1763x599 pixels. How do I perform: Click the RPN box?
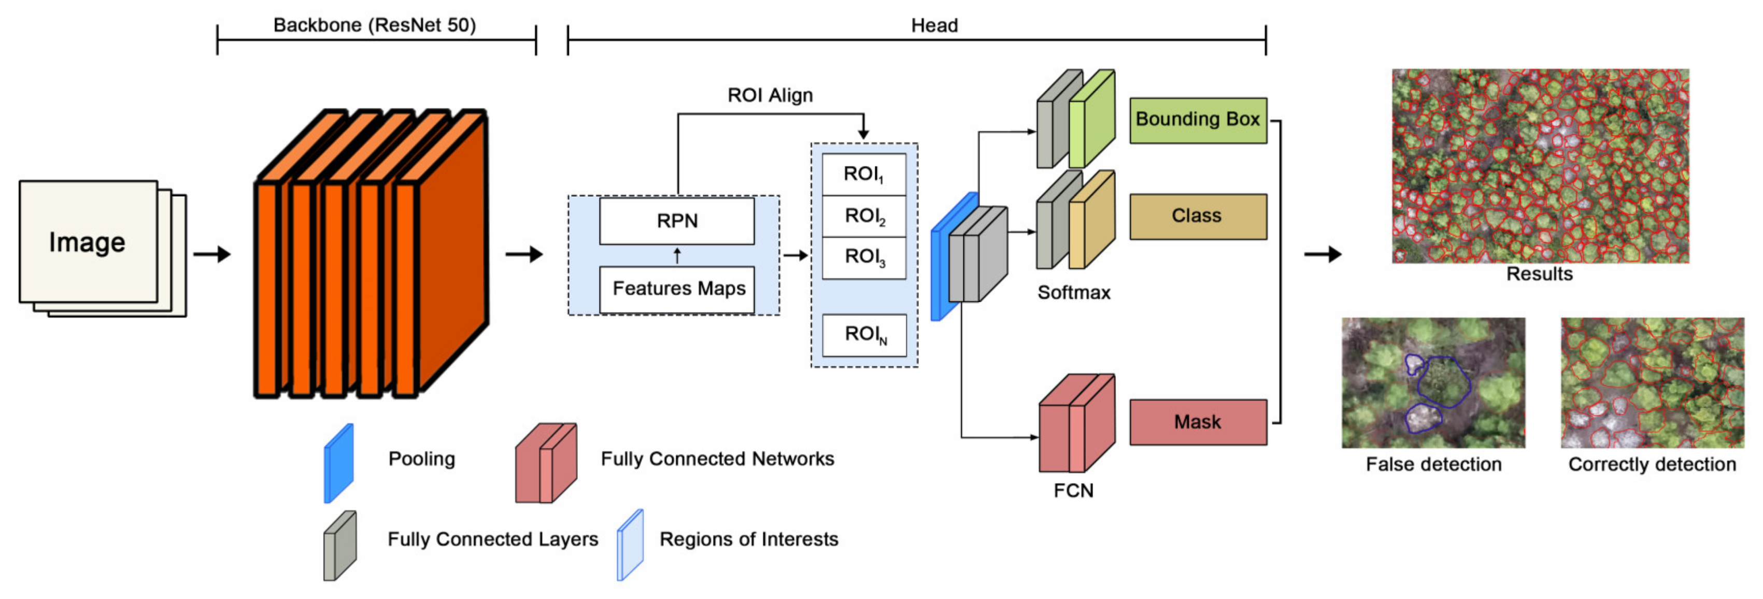coord(676,220)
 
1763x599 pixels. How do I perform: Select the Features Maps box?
coord(676,289)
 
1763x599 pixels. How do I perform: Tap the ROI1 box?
coord(864,174)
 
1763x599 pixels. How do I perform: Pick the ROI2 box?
coord(864,216)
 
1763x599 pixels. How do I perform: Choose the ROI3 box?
coord(864,258)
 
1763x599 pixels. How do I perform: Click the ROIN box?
coord(864,335)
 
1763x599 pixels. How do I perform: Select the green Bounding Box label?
coord(1197,120)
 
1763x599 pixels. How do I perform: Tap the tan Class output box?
coord(1197,216)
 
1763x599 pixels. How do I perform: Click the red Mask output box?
coord(1197,422)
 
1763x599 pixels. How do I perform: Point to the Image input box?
coord(88,241)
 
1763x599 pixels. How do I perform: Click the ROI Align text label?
coord(770,95)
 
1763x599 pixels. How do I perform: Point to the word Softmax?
coord(1073,292)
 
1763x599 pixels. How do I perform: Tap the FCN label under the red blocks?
coord(1073,490)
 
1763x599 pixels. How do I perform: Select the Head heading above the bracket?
coord(934,25)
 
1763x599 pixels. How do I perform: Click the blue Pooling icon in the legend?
coord(339,463)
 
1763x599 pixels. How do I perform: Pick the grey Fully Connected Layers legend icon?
coord(339,546)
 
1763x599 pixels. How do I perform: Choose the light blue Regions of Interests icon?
coord(630,545)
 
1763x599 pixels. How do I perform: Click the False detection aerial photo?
coord(1433,383)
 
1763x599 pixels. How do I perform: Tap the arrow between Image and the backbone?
coord(211,254)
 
